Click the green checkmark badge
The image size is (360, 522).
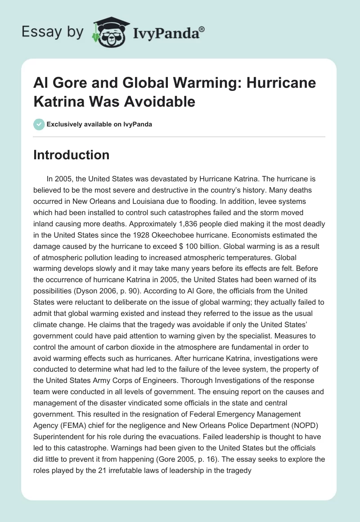(x=39, y=124)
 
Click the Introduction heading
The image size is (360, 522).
(x=71, y=155)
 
